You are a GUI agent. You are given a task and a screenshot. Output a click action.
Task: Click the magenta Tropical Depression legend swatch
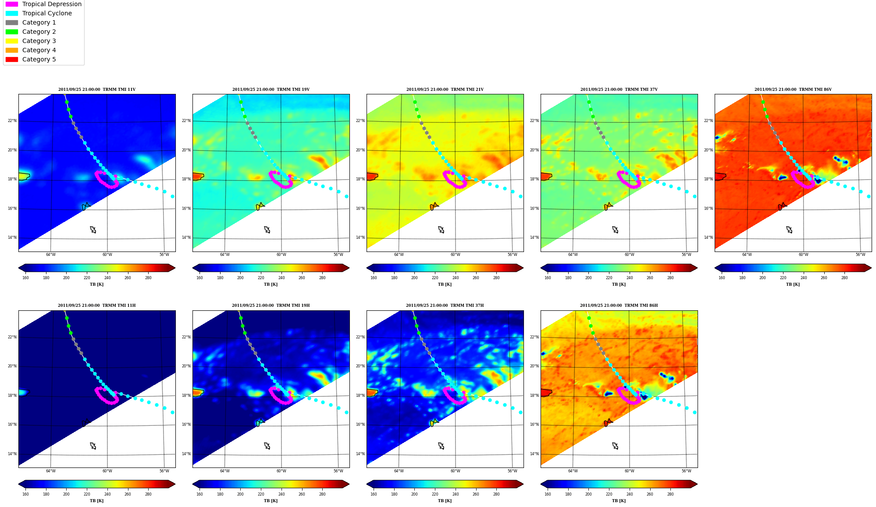[12, 4]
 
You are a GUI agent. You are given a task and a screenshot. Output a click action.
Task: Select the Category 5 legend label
[39, 59]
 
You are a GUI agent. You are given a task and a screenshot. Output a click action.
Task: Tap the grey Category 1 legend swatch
[12, 22]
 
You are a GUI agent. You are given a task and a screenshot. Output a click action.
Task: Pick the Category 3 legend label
[39, 41]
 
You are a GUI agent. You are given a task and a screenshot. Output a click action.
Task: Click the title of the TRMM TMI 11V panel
[97, 90]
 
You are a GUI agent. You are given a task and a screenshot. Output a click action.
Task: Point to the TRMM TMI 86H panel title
[619, 306]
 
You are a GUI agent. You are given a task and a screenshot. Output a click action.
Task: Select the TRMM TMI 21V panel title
[445, 90]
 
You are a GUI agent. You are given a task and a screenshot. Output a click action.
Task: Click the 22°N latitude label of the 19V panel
[186, 121]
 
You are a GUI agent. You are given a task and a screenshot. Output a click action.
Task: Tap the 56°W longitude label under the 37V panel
[686, 255]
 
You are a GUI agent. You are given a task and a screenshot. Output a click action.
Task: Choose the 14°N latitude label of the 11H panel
[12, 454]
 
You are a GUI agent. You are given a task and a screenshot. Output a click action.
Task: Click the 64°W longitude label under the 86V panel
[747, 255]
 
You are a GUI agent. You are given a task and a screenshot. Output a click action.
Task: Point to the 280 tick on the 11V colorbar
[148, 277]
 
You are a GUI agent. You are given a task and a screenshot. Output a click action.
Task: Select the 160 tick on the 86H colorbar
[548, 494]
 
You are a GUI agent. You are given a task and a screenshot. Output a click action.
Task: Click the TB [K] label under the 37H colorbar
[445, 500]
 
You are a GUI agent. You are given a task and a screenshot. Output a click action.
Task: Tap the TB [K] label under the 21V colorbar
[445, 284]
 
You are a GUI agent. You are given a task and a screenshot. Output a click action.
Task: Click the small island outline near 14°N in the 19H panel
[267, 446]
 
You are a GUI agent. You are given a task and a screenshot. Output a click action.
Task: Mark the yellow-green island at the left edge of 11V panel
[24, 176]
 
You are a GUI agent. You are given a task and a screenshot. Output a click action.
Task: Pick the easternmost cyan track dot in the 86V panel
[869, 196]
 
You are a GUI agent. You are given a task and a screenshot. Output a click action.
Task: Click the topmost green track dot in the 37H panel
[415, 318]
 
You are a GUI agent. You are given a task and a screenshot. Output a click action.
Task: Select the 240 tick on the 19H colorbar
[281, 494]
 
